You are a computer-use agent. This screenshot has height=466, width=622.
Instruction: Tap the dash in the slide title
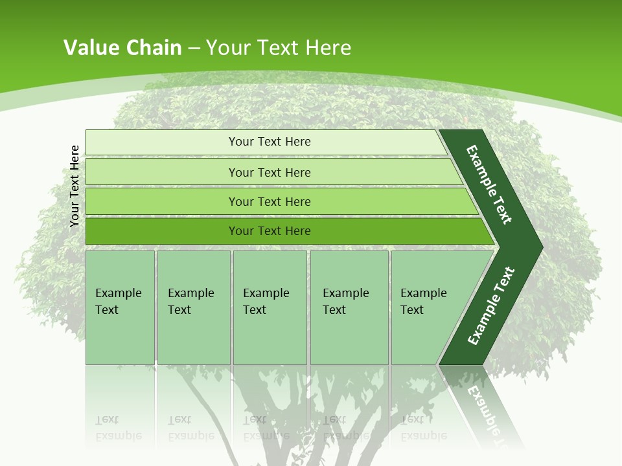194,49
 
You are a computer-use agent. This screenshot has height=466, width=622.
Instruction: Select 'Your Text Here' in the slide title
279,48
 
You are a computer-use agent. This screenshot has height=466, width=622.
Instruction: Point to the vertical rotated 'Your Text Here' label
75,186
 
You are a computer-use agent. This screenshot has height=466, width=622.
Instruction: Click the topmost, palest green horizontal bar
270,142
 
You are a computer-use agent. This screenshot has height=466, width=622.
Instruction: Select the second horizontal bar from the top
270,172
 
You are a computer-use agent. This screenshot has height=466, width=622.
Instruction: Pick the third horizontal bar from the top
270,201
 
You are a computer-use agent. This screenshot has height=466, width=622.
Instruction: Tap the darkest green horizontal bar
270,231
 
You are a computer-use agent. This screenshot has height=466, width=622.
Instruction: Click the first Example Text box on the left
120,307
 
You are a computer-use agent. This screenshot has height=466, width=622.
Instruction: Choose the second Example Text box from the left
193,307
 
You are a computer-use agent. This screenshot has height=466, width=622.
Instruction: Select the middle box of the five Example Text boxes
270,307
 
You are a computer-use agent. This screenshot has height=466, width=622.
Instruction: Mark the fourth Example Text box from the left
349,307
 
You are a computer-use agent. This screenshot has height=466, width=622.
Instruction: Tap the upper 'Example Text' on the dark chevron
490,184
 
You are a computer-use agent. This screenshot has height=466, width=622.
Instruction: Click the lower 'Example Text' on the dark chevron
491,306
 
